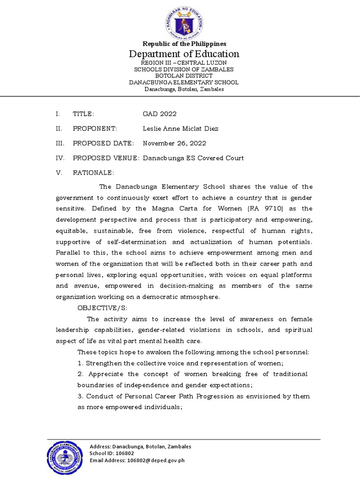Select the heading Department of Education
coord(184,54)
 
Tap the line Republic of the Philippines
coord(184,44)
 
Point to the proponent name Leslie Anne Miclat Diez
coord(180,128)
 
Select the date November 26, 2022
coord(174,143)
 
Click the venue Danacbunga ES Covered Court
coord(193,158)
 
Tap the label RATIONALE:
coord(93,172)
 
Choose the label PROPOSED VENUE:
coord(106,158)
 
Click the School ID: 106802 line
coord(112,453)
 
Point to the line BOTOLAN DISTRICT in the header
coord(184,76)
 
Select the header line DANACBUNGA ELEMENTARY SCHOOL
coord(184,82)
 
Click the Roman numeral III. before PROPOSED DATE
coord(60,143)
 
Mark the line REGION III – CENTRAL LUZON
coord(184,63)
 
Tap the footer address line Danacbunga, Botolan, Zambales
coord(151,447)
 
